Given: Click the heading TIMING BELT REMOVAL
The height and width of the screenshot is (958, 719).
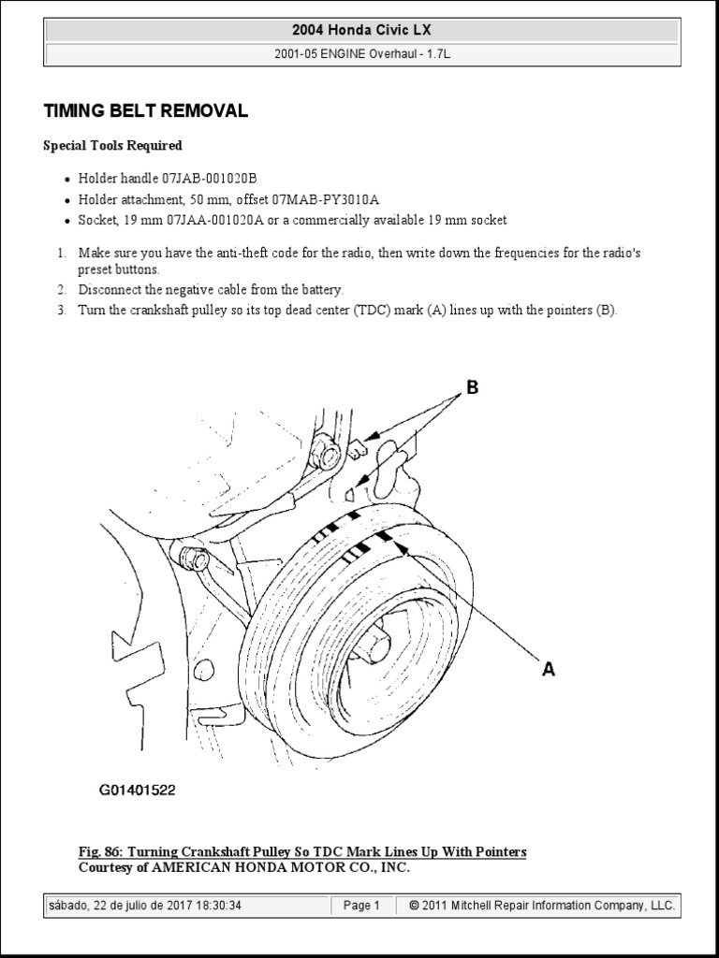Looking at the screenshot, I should (x=146, y=111).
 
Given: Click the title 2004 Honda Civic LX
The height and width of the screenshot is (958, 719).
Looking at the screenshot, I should (x=359, y=31).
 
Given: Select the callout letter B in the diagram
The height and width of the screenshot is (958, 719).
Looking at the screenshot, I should (x=472, y=387).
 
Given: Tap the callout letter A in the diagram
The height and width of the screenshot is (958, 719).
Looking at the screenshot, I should (x=549, y=670).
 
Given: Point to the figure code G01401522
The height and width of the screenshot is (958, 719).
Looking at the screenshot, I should (x=138, y=791).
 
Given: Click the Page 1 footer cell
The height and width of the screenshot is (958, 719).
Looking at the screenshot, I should (x=361, y=906).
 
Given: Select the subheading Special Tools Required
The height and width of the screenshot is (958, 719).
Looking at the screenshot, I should (x=113, y=146).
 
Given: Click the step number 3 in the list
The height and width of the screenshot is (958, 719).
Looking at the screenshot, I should (x=60, y=311).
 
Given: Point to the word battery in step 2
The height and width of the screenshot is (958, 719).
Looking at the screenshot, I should (x=319, y=290).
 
